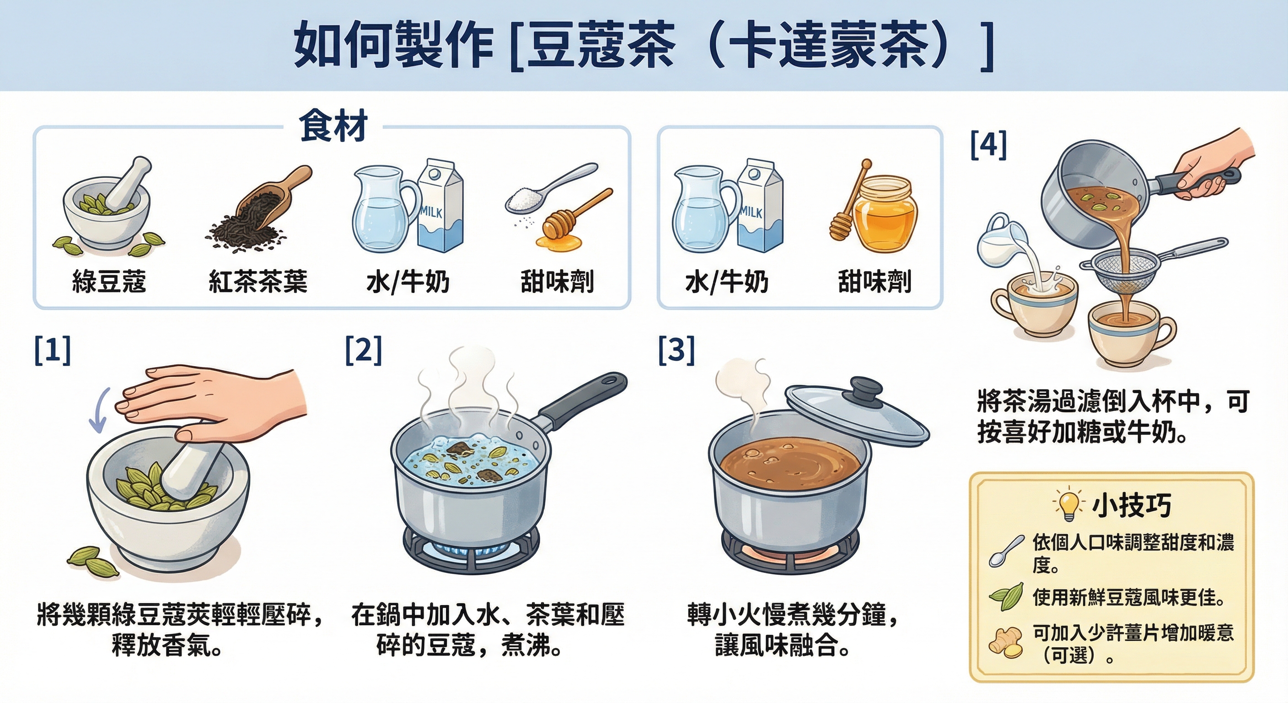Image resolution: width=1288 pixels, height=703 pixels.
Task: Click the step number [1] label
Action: (x=53, y=350)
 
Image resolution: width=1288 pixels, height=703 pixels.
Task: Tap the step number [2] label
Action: (x=364, y=350)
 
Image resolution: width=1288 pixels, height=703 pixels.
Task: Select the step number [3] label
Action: (x=676, y=350)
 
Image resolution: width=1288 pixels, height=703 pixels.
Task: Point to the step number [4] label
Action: (x=988, y=145)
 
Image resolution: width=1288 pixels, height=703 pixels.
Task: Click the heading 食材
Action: (x=333, y=126)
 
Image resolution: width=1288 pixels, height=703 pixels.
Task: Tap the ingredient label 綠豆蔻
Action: (x=109, y=281)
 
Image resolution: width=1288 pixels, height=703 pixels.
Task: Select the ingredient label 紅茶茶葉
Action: (x=258, y=281)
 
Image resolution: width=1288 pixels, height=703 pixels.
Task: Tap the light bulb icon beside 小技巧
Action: (x=1068, y=504)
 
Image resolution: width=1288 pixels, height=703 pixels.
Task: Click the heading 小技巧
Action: (x=1131, y=505)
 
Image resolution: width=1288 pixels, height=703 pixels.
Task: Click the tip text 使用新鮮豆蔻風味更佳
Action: (x=1128, y=597)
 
